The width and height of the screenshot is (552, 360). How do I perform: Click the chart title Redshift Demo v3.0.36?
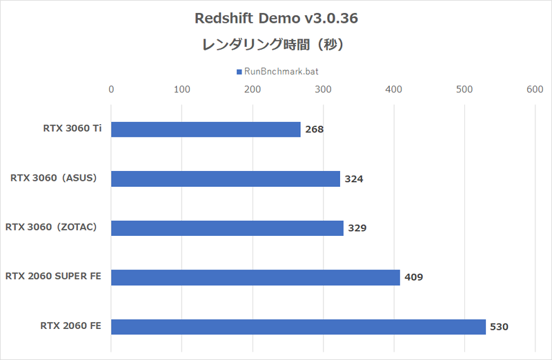[275, 19]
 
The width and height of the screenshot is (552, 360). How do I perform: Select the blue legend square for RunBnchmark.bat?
[238, 72]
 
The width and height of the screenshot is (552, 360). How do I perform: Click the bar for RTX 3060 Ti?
[206, 130]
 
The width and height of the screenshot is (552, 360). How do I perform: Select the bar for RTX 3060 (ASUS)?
[225, 179]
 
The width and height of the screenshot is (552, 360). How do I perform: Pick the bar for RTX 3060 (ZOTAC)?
[227, 228]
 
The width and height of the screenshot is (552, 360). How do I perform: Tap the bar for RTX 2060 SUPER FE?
[255, 277]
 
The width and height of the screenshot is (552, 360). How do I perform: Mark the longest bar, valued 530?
[298, 326]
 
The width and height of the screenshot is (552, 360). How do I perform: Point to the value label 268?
[315, 130]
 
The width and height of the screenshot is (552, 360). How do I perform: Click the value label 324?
[354, 179]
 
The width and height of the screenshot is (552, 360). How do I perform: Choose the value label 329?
[357, 228]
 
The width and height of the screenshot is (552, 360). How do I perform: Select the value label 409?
[414, 277]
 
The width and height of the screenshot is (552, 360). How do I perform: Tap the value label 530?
[499, 326]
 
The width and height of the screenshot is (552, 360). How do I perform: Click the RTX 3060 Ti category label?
[71, 128]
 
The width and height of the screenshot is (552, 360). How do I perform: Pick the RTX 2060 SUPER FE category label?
[53, 276]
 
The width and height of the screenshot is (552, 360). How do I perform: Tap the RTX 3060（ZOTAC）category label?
[55, 227]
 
